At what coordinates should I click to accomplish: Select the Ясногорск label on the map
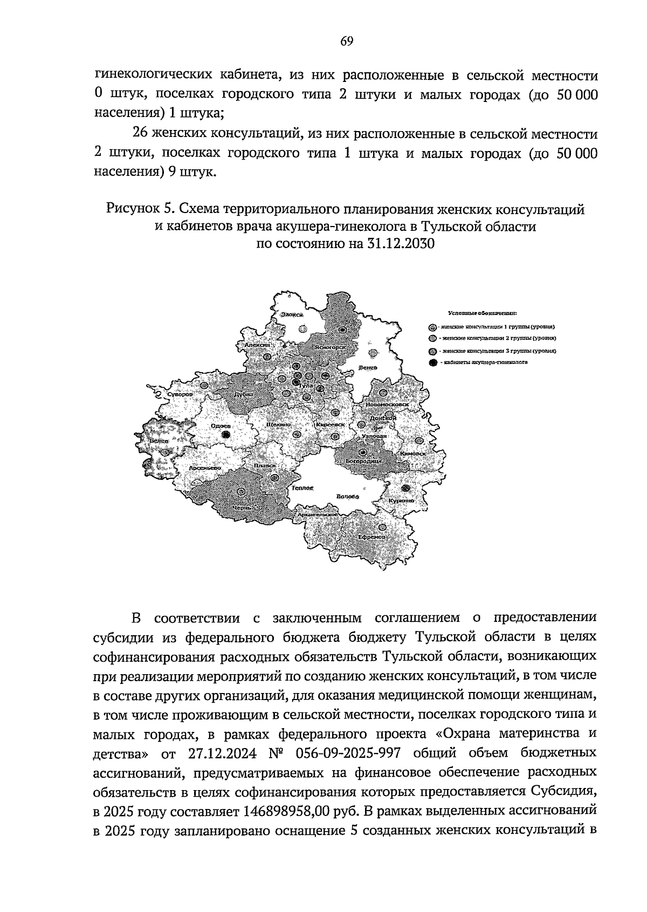tap(330, 344)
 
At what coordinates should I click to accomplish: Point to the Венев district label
tap(367, 368)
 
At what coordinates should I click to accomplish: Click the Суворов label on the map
tap(180, 395)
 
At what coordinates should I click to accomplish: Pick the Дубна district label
tap(244, 394)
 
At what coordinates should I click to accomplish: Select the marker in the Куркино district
tap(406, 488)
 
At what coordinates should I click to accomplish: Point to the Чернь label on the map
tap(240, 508)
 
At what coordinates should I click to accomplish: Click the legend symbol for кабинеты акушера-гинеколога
tap(432, 362)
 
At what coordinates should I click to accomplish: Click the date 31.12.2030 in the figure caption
tap(400, 243)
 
